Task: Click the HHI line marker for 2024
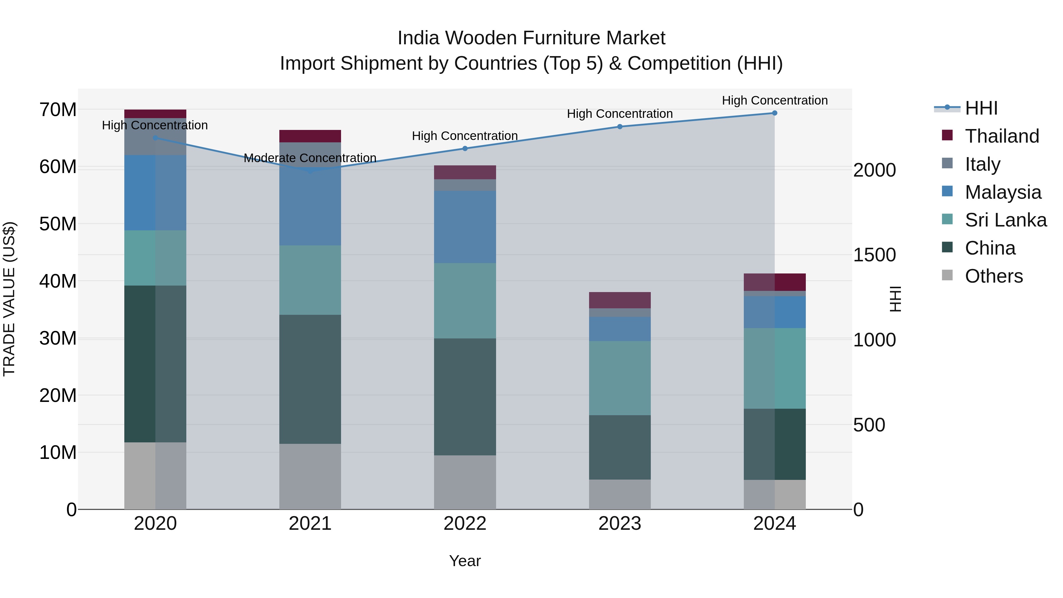click(x=775, y=113)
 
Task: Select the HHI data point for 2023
click(x=620, y=127)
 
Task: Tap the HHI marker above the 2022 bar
click(x=465, y=149)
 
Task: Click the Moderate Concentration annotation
click(x=310, y=158)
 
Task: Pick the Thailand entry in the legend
click(x=1002, y=136)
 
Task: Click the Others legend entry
click(x=994, y=276)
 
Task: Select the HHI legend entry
click(x=981, y=108)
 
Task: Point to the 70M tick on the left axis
click(x=58, y=110)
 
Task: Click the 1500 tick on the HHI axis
click(x=874, y=255)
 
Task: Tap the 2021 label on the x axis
click(x=310, y=524)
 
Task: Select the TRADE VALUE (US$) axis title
click(x=9, y=299)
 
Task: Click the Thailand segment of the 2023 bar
click(x=620, y=300)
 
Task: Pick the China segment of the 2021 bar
click(x=310, y=379)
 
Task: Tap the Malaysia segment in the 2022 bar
click(x=465, y=227)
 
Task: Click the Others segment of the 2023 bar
click(x=620, y=494)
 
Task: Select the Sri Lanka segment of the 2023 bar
click(x=620, y=378)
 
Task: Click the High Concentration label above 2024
click(x=775, y=100)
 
